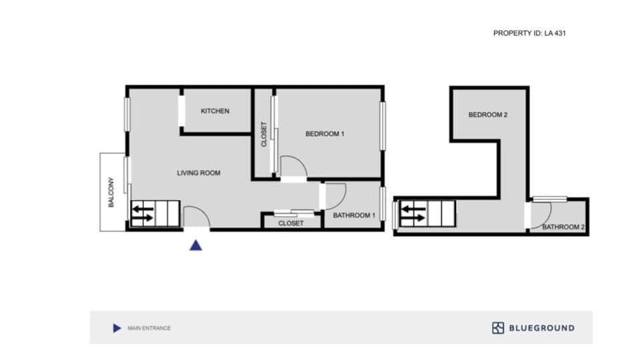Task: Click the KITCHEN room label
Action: tap(215, 111)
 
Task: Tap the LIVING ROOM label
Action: tap(198, 173)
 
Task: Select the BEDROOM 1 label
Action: tap(325, 134)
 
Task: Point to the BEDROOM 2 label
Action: tap(488, 115)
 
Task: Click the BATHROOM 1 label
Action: tap(355, 215)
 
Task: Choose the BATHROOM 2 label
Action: tap(563, 227)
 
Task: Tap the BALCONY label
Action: tap(112, 192)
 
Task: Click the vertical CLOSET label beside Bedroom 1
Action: tap(264, 134)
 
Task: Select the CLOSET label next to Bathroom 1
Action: tap(291, 223)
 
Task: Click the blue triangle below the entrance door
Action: tap(195, 245)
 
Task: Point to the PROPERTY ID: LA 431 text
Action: tap(529, 33)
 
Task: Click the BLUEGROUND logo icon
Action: tap(498, 328)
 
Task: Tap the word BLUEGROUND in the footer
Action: tap(541, 328)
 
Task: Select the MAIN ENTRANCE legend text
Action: tap(149, 328)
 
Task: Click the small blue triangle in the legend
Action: tap(117, 328)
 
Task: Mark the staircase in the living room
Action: tap(155, 214)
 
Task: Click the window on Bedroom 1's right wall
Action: tap(383, 125)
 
